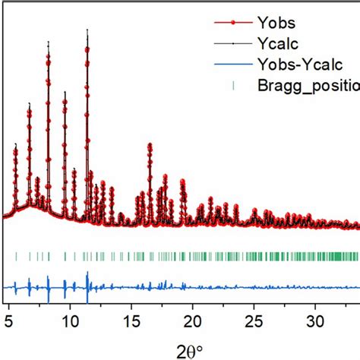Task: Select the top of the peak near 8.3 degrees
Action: click(49, 43)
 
